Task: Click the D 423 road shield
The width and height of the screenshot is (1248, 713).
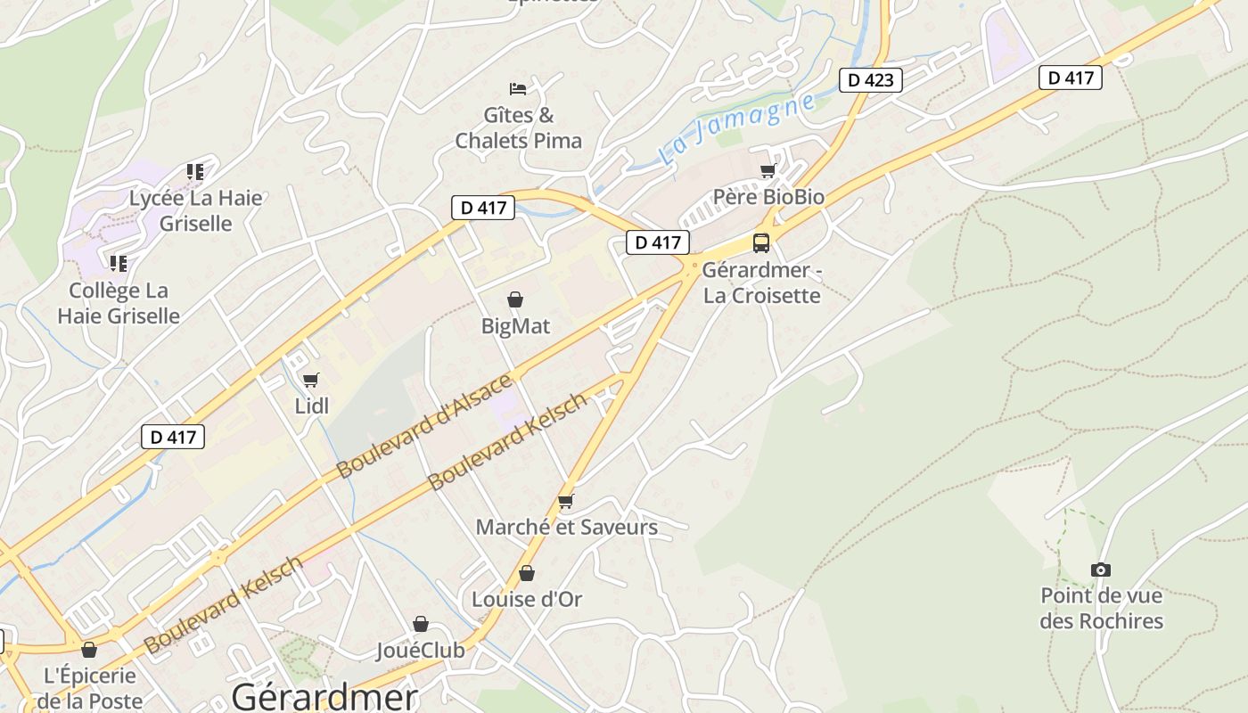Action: coord(871,80)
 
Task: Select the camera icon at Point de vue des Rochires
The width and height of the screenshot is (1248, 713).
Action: coord(1101,570)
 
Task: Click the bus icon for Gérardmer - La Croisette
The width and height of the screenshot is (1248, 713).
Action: coord(761,242)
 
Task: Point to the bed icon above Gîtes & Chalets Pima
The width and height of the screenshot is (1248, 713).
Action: coord(518,88)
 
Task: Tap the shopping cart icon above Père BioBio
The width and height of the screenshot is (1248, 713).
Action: coord(768,170)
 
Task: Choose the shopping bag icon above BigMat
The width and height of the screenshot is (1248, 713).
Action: coord(515,299)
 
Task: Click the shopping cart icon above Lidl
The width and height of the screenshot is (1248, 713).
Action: coord(311,381)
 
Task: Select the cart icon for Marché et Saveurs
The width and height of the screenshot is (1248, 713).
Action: coord(566,502)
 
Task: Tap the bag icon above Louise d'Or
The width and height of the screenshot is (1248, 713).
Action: coord(527,573)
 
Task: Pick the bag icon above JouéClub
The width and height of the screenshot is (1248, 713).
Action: coord(421,624)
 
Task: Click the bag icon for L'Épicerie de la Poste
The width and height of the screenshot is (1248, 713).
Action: coord(88,650)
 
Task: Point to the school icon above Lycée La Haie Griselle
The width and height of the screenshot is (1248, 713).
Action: coord(195,171)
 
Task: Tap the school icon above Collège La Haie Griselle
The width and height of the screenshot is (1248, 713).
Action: coord(119,264)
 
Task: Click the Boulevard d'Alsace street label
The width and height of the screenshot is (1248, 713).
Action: coord(424,426)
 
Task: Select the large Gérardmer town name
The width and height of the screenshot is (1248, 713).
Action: coord(324,696)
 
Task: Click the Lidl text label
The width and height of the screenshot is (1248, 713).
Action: coord(312,406)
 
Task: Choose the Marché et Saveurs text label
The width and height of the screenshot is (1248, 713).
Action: coord(566,527)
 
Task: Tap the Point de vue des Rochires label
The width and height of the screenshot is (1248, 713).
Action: coord(1102,608)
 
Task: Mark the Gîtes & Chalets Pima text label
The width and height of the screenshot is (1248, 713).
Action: coord(518,127)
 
